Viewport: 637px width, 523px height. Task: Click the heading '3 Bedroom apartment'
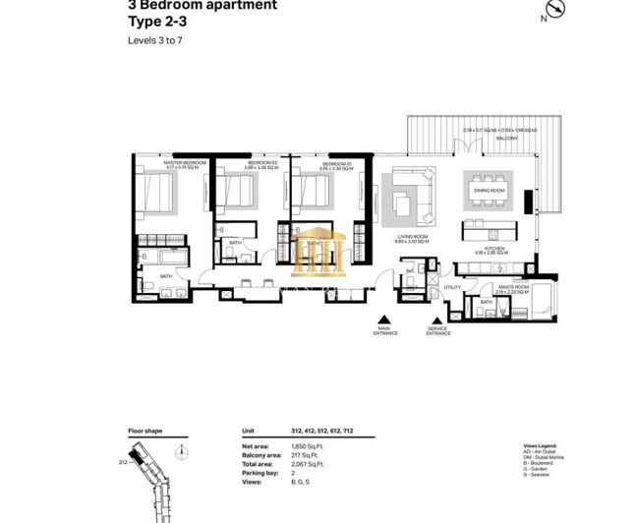202,5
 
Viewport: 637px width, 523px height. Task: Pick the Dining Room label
489,191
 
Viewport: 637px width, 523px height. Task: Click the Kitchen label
488,248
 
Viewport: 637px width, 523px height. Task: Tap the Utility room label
452,287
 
